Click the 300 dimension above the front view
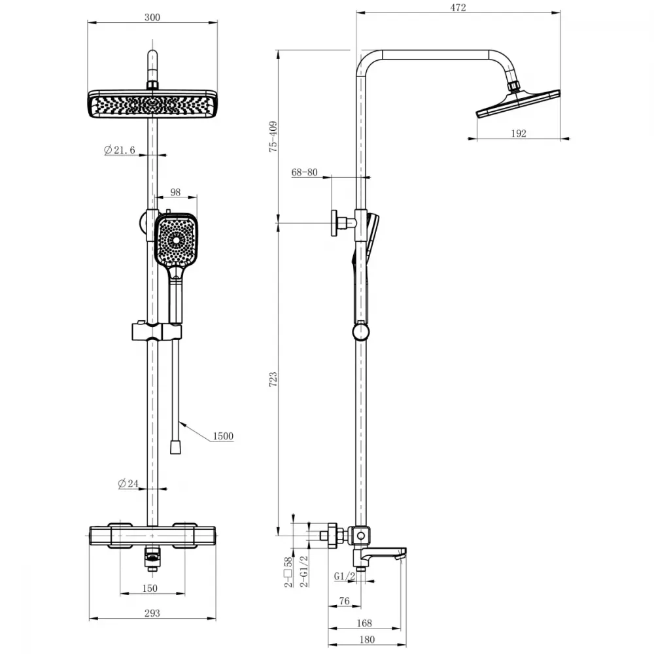pos(152,18)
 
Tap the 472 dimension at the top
pos(458,7)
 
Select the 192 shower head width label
pos(519,133)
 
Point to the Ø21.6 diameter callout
pos(120,150)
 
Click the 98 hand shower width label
pos(175,192)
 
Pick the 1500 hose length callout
pos(223,436)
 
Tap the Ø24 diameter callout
pos(128,483)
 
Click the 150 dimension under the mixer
pos(150,588)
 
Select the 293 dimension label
pos(152,613)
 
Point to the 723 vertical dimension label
pos(273,379)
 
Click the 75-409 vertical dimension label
pos(273,137)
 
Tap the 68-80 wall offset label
pos(305,172)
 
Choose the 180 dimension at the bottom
pos(367,640)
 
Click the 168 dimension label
pos(364,623)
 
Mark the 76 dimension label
pos(344,600)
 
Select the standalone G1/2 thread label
pos(345,576)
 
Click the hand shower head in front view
pos(176,239)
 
